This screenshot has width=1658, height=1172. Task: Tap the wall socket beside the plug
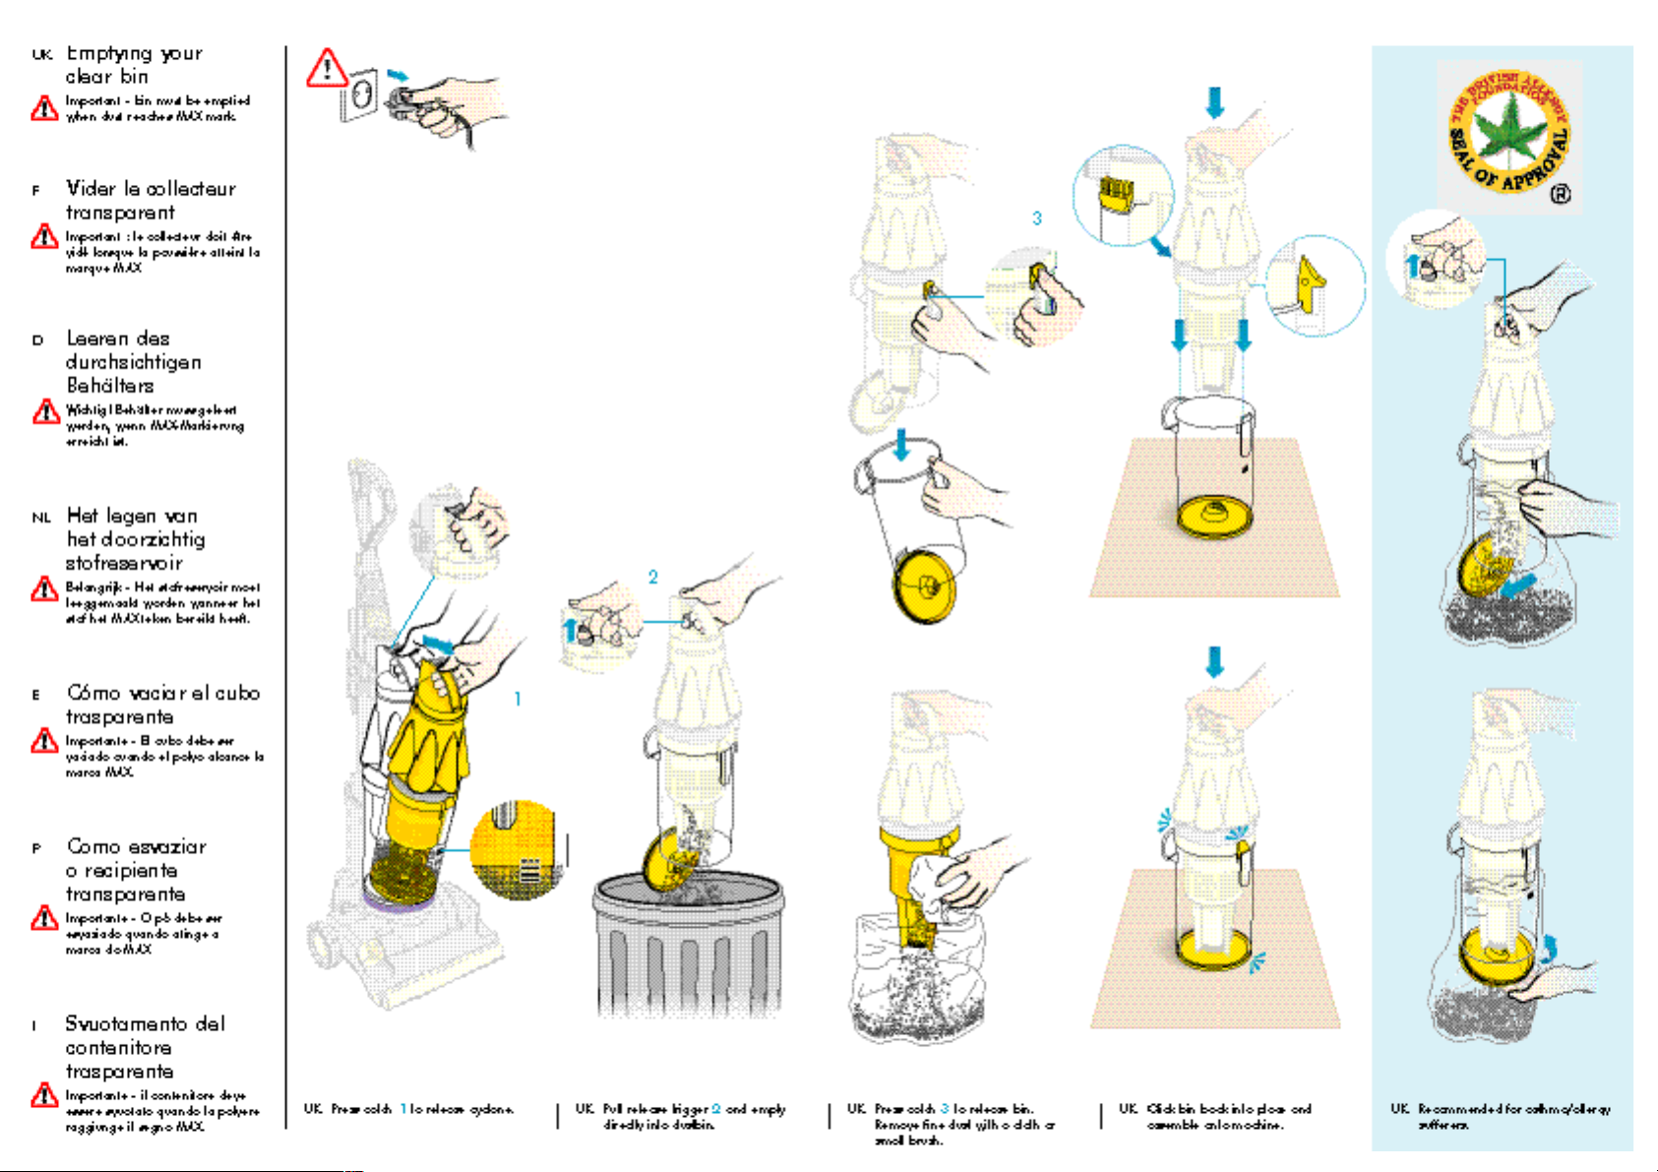pyautogui.click(x=359, y=94)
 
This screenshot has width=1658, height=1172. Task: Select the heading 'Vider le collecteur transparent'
pyautogui.click(x=150, y=200)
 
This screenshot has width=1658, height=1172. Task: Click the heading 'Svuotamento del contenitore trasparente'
pyautogui.click(x=145, y=1047)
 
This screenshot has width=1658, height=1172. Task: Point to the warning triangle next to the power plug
pyautogui.click(x=326, y=69)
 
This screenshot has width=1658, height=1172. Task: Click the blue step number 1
pyautogui.click(x=518, y=699)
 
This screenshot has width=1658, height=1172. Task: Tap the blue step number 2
pyautogui.click(x=652, y=578)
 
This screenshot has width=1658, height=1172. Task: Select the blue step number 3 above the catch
pyautogui.click(x=1036, y=218)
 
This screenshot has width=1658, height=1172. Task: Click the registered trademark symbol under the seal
pyautogui.click(x=1560, y=195)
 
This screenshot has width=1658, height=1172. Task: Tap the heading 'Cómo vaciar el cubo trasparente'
pyautogui.click(x=162, y=705)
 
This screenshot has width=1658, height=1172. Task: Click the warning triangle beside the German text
pyautogui.click(x=45, y=411)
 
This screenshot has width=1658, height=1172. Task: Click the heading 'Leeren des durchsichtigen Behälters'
pyautogui.click(x=133, y=361)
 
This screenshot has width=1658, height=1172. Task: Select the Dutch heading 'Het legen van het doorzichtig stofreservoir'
pyautogui.click(x=135, y=539)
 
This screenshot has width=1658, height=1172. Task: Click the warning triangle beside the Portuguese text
pyautogui.click(x=44, y=918)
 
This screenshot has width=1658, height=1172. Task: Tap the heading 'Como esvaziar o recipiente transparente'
pyautogui.click(x=136, y=870)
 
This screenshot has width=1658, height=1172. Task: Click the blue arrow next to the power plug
pyautogui.click(x=397, y=75)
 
